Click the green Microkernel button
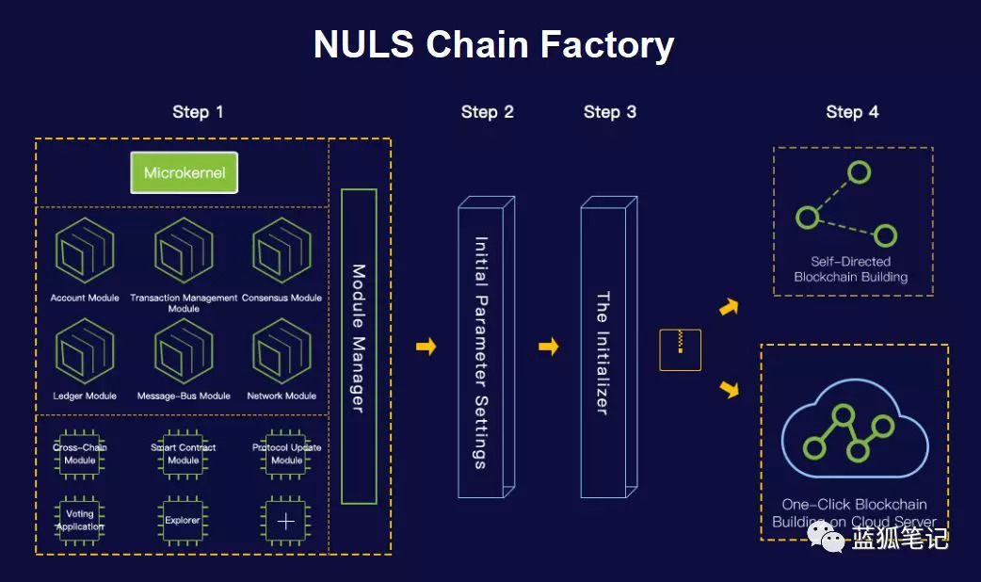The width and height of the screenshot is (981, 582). coord(184,173)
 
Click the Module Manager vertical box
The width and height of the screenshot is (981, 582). coord(359,346)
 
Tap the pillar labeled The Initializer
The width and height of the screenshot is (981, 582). coord(604,349)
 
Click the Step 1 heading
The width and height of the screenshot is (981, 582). coord(198,112)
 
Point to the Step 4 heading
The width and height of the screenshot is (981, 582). coord(852,112)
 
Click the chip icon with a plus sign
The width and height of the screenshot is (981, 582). coord(286,521)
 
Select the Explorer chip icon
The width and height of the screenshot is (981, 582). coord(184,520)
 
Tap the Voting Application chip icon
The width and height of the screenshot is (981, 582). coord(80,520)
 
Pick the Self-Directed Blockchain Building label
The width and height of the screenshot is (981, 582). coord(850,269)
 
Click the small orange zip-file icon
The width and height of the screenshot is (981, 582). coord(680,349)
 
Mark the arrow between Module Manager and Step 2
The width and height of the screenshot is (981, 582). coord(426,348)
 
